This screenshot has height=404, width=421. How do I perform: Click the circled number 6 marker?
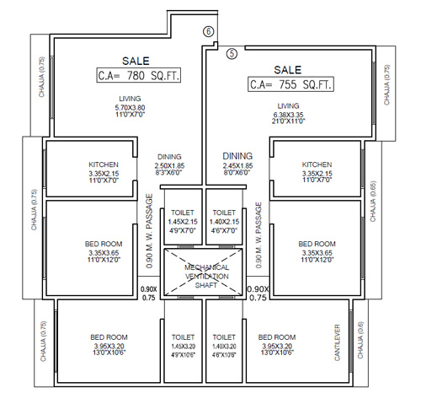point(209,31)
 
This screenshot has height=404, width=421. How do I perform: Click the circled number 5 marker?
point(232,53)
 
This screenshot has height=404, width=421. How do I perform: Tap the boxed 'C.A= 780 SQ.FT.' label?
point(139,75)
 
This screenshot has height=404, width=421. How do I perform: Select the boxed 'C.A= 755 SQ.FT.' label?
point(290,84)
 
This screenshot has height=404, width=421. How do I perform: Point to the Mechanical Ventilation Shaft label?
point(206,276)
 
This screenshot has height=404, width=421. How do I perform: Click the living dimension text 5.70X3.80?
point(130,108)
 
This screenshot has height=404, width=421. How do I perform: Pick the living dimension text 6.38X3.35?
point(289,115)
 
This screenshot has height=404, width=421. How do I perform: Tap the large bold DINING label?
point(237,156)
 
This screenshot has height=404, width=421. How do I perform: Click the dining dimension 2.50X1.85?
point(169,166)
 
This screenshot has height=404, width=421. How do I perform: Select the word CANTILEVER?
point(337,342)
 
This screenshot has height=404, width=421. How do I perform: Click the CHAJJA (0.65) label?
point(373,202)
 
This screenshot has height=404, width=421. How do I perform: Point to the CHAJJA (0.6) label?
point(360,340)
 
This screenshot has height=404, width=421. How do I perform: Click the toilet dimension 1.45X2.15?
point(183,222)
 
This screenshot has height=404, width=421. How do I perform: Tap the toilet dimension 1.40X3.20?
point(224,347)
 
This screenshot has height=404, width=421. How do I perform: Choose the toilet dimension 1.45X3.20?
point(183,347)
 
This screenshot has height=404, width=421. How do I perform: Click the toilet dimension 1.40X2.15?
point(224,222)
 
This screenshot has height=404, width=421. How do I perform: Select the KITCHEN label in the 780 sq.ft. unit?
point(104,164)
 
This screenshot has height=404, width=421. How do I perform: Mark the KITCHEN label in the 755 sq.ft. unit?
point(317,164)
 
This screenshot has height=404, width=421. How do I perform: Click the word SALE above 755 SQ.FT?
point(288,70)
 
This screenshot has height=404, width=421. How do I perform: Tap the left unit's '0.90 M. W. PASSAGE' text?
point(149,231)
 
